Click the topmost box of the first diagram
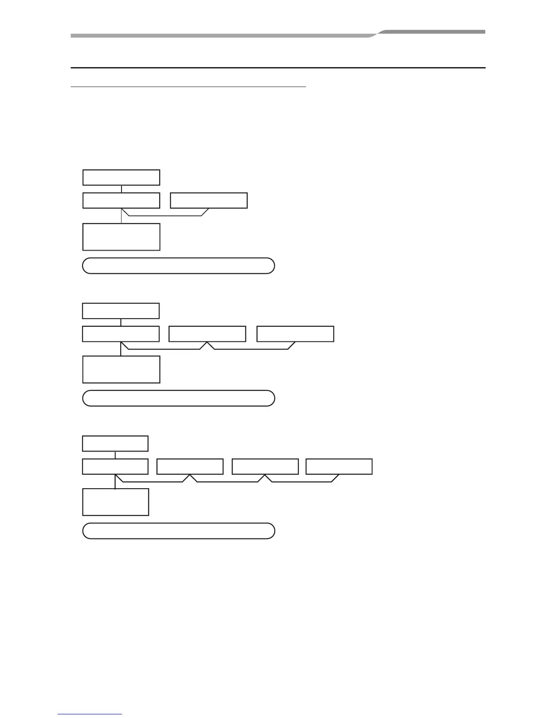point(121,177)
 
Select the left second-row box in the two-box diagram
point(121,200)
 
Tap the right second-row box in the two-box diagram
point(209,200)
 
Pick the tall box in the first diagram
point(121,237)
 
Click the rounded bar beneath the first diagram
point(178,266)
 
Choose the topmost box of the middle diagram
point(121,311)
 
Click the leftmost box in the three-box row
point(121,334)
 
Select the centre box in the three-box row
point(207,334)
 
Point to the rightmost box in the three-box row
point(295,334)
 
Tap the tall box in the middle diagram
point(121,369)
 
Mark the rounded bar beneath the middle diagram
point(178,398)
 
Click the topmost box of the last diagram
point(115,443)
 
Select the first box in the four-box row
point(115,466)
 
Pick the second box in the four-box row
point(190,466)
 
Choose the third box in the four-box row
point(265,466)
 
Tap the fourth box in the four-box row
point(339,466)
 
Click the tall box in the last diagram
point(115,502)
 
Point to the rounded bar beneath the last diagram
point(178,531)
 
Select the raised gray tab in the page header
point(431,32)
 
